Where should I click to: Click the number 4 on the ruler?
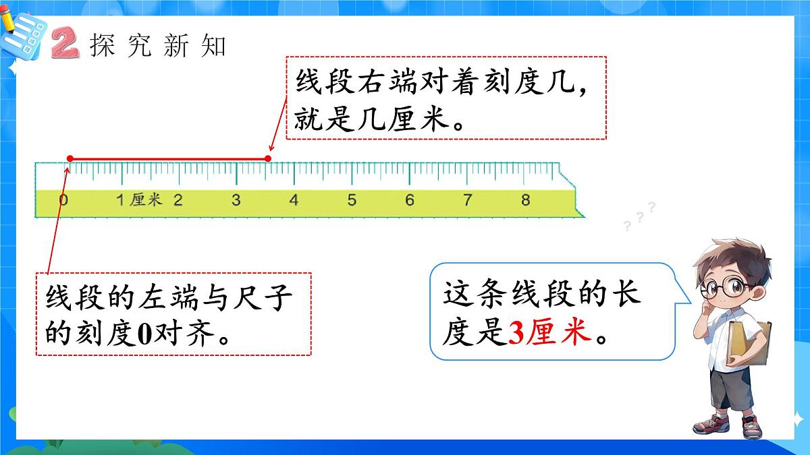(x=294, y=200)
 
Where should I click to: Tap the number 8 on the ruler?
(x=526, y=200)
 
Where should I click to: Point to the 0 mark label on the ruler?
(x=63, y=200)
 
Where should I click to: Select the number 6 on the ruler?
(x=410, y=200)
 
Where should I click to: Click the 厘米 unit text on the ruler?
(x=146, y=200)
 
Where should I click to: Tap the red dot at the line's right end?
(x=268, y=158)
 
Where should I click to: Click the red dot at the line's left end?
(x=70, y=158)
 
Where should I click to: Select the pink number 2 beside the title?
(x=65, y=44)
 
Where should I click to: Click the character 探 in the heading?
(x=103, y=45)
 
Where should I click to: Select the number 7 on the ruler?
(x=468, y=200)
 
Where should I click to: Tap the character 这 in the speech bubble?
(x=457, y=296)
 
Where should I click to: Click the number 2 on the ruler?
(x=178, y=200)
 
